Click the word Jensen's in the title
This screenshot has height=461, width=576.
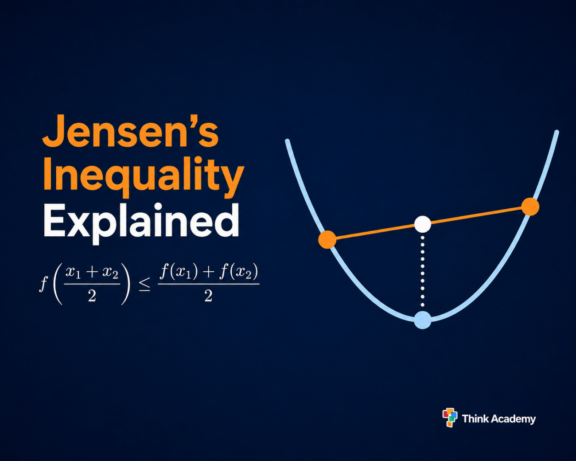(130, 132)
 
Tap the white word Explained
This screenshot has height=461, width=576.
(141, 220)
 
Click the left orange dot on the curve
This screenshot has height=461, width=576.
(327, 239)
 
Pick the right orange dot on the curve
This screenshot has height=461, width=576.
(530, 207)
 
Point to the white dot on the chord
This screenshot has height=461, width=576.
(423, 224)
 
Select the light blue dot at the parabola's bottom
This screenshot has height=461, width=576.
(423, 320)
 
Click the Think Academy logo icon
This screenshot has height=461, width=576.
(450, 418)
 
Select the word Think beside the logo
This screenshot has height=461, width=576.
(475, 418)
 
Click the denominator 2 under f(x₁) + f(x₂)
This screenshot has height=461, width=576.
(208, 296)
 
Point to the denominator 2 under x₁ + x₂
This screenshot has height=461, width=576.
(92, 296)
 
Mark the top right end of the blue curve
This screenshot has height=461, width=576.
(557, 132)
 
